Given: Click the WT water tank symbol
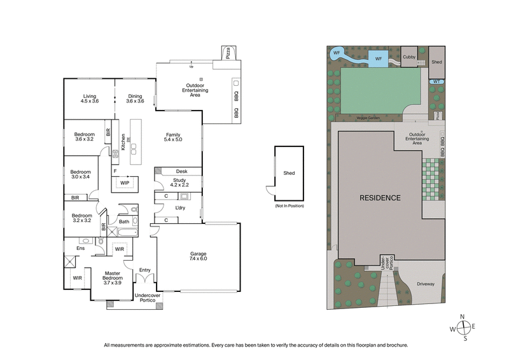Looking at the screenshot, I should tap(436, 81).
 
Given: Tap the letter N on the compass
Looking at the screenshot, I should tap(464, 316).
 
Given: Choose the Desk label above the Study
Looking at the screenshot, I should tap(182, 171).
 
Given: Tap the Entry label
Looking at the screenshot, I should tap(145, 270).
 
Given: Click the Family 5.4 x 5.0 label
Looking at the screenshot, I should tap(172, 138).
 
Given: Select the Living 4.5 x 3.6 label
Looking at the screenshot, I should tap(89, 99).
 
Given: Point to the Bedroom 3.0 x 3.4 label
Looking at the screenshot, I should tap(80, 175).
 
